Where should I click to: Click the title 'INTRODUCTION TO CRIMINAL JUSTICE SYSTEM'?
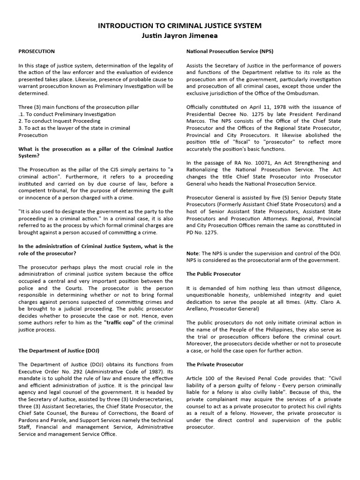180,26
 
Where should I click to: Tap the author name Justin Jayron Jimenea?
180,36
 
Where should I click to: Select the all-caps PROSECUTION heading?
37,51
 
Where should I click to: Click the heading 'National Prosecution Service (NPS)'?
230,51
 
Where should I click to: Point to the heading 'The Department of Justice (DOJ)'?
59,350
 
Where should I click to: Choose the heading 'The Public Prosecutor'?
214,273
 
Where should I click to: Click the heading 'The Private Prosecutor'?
215,364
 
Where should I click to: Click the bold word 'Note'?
193,253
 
